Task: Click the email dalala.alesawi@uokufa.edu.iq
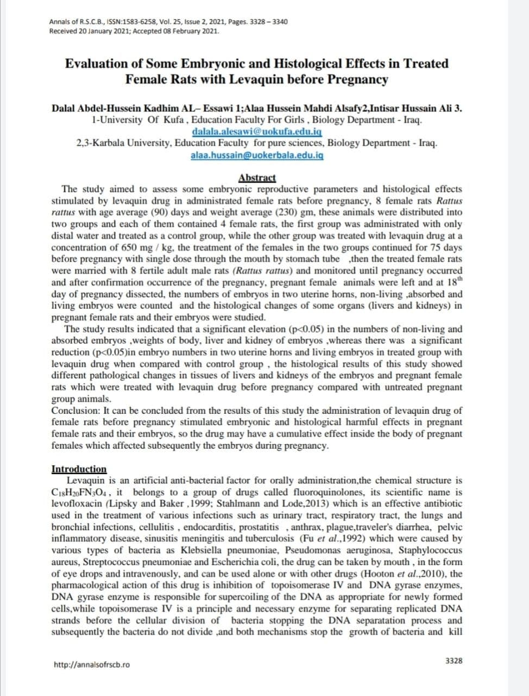tap(257, 132)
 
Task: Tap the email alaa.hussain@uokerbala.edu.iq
tap(257, 155)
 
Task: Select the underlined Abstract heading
tap(257, 178)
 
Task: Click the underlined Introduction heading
tap(79, 469)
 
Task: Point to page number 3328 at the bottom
tap(454, 661)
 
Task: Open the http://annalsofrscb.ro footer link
tap(92, 664)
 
